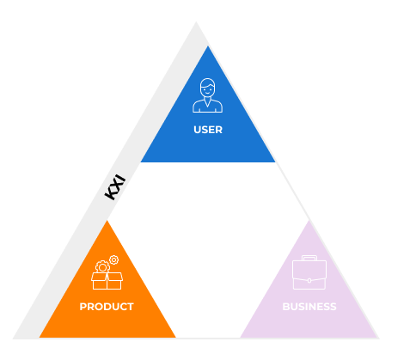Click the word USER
tap(208, 130)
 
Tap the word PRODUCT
tap(107, 307)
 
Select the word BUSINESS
tap(309, 307)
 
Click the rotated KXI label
tap(115, 186)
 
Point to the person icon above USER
tap(208, 95)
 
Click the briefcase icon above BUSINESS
tap(309, 272)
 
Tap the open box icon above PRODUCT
tap(107, 281)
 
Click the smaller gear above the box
tap(114, 259)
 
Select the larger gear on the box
tap(102, 267)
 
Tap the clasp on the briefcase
tap(309, 281)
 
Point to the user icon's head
tap(208, 88)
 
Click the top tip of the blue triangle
tap(208, 46)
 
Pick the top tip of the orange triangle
tap(107, 220)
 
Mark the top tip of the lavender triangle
tap(309, 220)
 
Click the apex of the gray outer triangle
tap(196, 21)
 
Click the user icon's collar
tap(208, 102)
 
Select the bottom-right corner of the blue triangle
tap(275, 162)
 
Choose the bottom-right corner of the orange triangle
tap(175, 338)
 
